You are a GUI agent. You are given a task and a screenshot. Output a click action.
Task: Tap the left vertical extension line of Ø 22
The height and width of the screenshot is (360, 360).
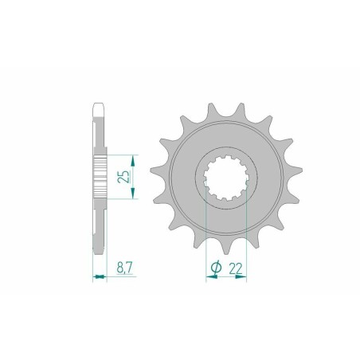pos(207,231)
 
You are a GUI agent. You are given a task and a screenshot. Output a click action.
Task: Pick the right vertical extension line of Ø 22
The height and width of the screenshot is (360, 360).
pos(247,231)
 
